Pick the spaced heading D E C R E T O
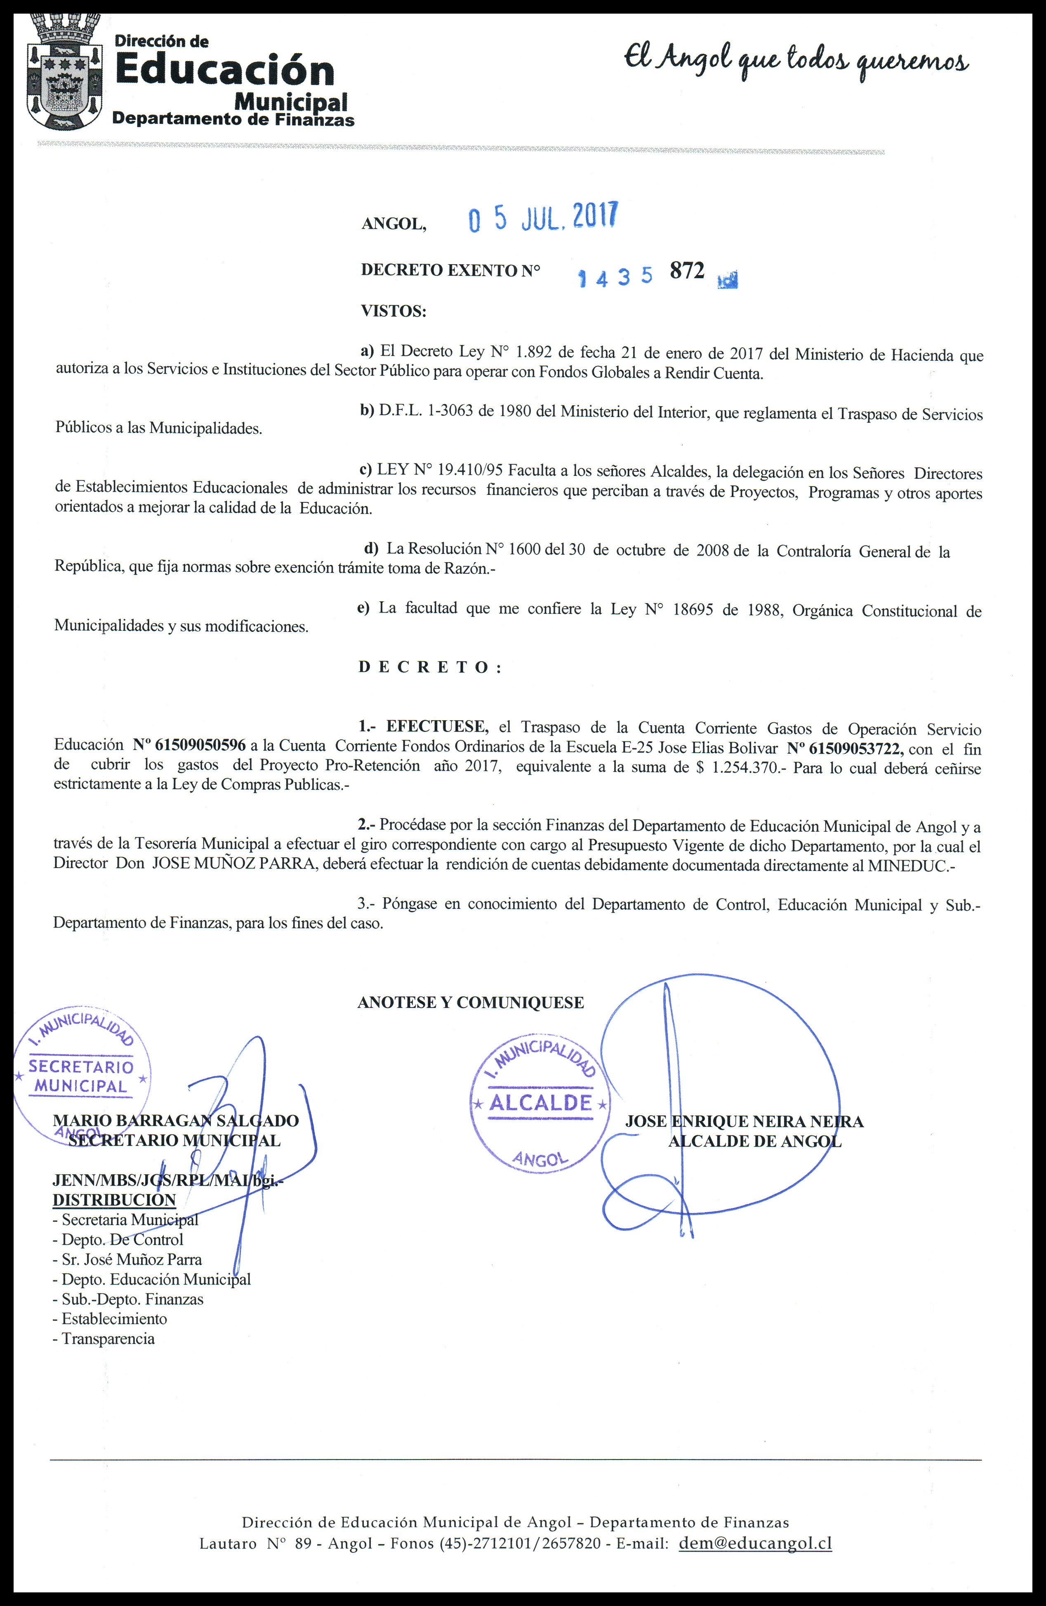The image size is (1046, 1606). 430,667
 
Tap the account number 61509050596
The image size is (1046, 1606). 200,746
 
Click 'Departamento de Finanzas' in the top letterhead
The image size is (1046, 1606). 233,119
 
